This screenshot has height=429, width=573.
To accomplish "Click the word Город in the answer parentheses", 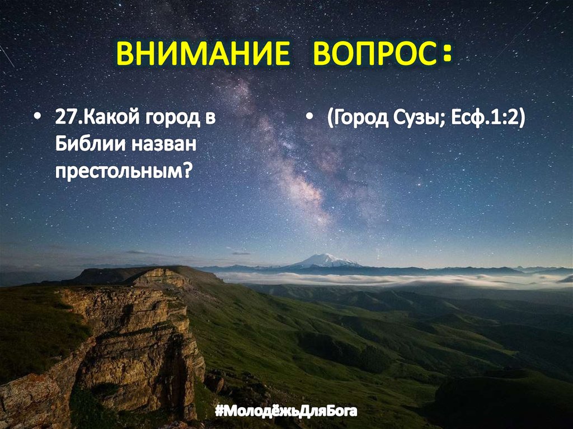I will (358, 120).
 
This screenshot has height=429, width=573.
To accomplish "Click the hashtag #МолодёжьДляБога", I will (286, 412).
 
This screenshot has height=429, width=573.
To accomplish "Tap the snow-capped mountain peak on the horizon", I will (325, 260).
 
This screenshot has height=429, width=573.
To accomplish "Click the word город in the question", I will (167, 120).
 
